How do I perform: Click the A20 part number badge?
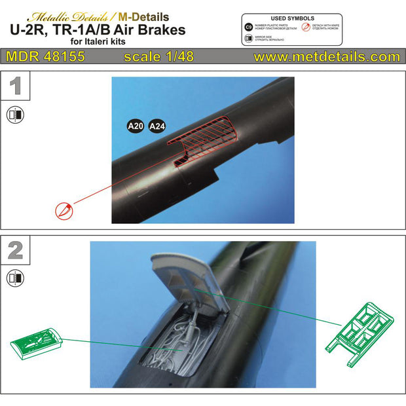[x=135, y=126]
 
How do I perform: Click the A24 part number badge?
[x=158, y=126]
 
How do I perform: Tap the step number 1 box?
[x=15, y=86]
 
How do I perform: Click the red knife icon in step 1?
[x=63, y=211]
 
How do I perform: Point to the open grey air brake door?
[x=189, y=275]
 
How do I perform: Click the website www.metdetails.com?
[x=326, y=57]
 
